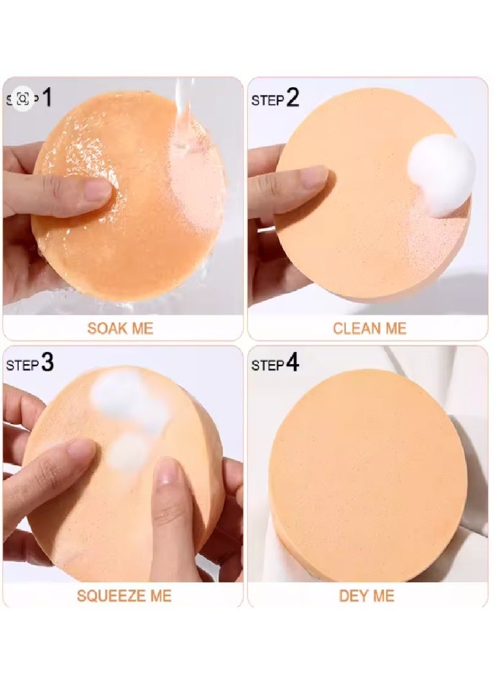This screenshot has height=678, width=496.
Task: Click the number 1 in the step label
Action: coord(47,97)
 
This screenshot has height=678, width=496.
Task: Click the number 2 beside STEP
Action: coord(293,98)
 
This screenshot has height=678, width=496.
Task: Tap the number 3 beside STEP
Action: coord(47,363)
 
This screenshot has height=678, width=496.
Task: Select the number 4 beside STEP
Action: coord(293,363)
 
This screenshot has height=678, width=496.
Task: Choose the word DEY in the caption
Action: coord(353,596)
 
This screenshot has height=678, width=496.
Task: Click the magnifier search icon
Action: coord(22,99)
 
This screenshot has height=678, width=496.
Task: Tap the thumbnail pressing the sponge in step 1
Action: coord(98,191)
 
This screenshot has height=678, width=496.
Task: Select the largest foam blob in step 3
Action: coord(119,392)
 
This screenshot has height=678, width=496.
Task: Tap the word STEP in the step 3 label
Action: coord(22,366)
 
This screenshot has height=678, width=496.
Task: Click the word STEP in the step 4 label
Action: coord(267,366)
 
